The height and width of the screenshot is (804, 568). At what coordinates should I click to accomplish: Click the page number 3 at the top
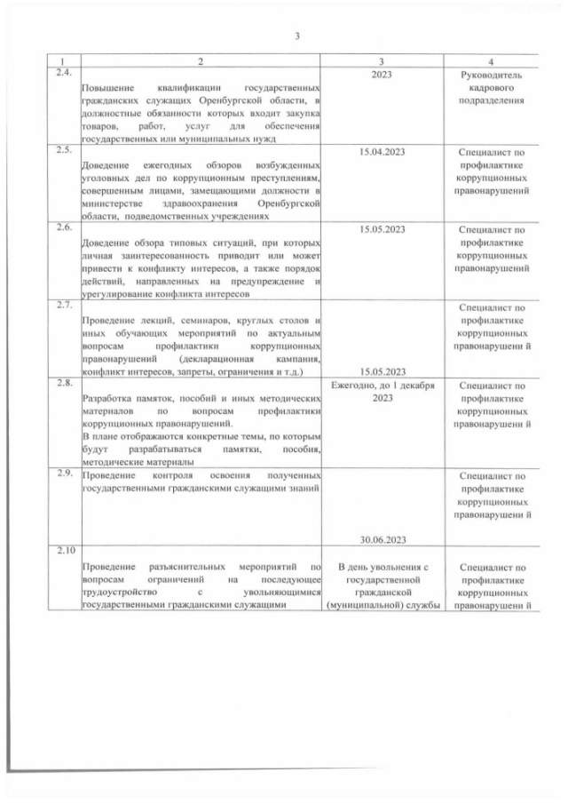click(297, 36)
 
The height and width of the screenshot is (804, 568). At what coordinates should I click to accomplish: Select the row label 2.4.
click(61, 71)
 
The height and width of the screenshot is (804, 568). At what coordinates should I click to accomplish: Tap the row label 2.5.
click(61, 148)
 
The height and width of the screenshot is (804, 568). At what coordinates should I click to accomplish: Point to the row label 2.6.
click(61, 226)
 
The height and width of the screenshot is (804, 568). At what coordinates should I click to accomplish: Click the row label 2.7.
click(61, 305)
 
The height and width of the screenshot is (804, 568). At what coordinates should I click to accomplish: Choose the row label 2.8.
click(61, 382)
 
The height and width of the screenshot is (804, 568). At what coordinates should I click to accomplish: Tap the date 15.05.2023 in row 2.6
click(382, 229)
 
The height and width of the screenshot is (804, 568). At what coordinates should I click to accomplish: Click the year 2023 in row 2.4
click(382, 75)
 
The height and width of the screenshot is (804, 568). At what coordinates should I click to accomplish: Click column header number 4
click(492, 60)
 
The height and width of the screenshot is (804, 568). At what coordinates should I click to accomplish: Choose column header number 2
click(200, 60)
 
